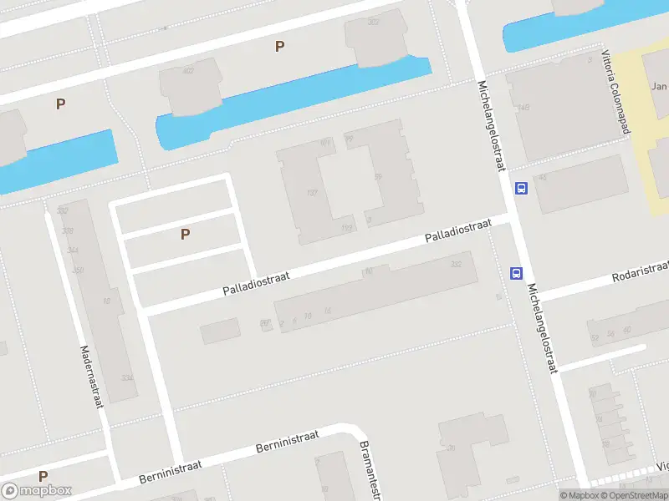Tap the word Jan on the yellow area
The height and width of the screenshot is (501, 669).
(659, 86)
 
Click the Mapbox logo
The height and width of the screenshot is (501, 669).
(37, 491)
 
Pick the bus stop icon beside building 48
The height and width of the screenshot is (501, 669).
(521, 188)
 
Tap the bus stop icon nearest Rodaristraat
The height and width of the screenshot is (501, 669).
(516, 273)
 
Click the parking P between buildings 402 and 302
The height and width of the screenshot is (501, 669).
(279, 47)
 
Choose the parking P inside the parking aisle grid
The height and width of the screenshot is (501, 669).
(185, 235)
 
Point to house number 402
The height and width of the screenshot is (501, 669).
(188, 71)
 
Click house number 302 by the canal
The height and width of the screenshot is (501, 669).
(373, 22)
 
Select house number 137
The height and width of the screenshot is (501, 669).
(313, 193)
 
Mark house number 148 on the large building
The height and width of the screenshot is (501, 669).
(523, 108)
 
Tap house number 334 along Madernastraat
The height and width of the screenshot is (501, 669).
(126, 378)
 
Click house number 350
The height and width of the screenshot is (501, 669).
(78, 271)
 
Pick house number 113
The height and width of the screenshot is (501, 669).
(346, 227)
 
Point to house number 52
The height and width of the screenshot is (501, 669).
(595, 337)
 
